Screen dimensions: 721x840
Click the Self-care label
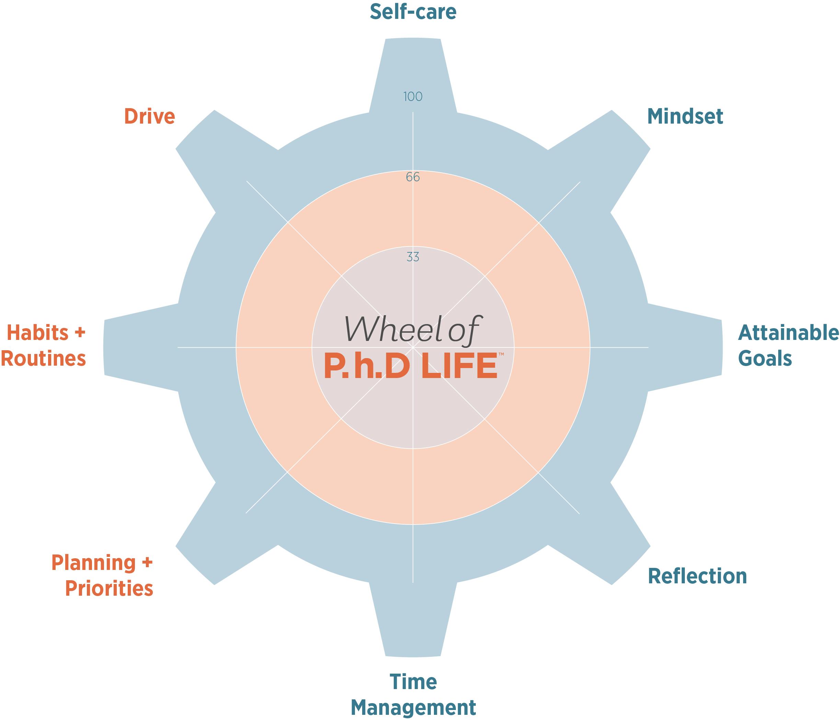[413, 12]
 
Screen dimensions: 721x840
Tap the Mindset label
[685, 116]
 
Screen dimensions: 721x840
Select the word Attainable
[788, 333]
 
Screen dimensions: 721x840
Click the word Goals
[764, 359]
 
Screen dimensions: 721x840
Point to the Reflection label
[697, 576]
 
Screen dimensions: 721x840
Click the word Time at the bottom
[413, 682]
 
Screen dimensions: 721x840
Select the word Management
[413, 708]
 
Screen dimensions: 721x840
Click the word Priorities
[109, 588]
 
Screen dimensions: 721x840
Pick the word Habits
[38, 333]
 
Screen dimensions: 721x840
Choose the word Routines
[43, 359]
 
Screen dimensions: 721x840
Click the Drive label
[149, 116]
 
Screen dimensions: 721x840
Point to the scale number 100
[413, 96]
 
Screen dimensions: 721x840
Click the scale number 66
[413, 177]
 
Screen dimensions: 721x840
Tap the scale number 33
[413, 257]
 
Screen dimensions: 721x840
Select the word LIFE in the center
[459, 367]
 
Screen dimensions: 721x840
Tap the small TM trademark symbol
[501, 354]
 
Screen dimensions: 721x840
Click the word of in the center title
[463, 331]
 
